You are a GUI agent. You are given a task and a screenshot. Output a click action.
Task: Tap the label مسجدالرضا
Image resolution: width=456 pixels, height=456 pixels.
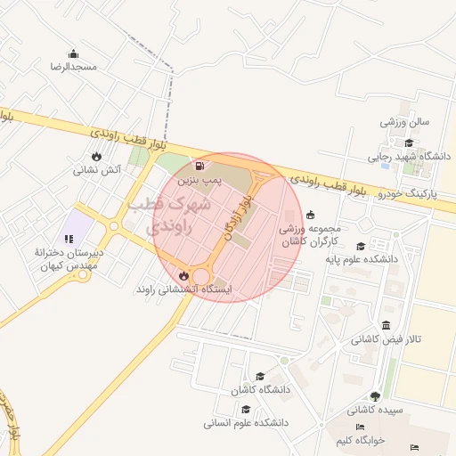click(73, 68)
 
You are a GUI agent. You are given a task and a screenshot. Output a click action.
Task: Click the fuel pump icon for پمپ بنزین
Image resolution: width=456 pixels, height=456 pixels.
click(199, 166)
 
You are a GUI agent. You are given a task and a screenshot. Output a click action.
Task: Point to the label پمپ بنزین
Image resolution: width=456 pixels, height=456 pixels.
click(198, 180)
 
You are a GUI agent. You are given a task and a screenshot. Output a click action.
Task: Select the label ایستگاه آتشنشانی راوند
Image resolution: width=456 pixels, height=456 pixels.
click(183, 290)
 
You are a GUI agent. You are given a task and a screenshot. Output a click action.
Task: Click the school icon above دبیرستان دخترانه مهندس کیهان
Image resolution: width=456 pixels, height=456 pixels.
click(69, 239)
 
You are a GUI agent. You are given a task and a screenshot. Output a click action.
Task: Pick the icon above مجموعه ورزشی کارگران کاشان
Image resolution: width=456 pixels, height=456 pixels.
click(310, 214)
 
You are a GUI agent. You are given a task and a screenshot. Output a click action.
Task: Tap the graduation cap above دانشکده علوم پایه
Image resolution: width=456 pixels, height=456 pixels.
click(360, 247)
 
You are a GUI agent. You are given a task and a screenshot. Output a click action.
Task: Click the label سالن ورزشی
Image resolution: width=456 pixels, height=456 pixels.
click(406, 121)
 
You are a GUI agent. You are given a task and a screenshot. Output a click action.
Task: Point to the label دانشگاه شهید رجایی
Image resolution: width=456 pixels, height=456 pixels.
click(411, 157)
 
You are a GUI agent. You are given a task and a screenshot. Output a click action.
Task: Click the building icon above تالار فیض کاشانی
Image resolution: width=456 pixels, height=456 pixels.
click(385, 325)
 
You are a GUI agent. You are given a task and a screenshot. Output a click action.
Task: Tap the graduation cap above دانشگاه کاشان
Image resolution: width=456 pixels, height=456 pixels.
click(260, 377)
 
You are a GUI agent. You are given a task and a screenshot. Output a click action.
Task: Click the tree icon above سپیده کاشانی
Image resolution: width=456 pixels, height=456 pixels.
click(374, 396)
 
